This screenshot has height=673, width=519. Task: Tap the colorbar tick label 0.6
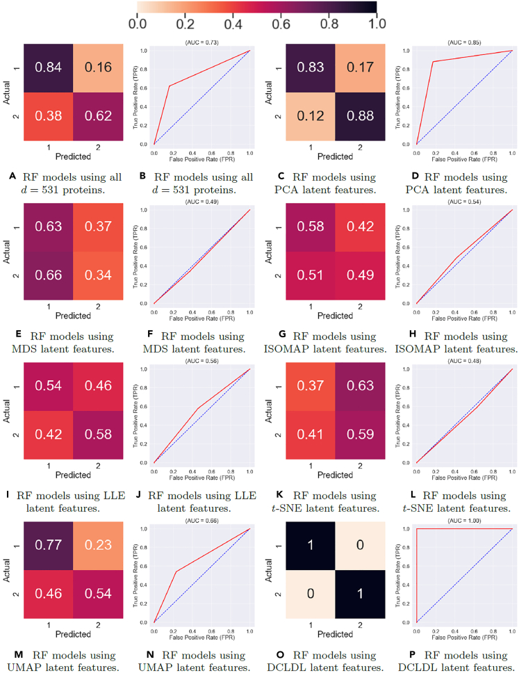click(x=281, y=23)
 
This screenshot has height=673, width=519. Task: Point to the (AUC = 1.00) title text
click(x=463, y=521)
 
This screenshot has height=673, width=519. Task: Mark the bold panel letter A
click(x=13, y=177)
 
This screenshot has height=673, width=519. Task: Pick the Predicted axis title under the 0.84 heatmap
click(x=73, y=157)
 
